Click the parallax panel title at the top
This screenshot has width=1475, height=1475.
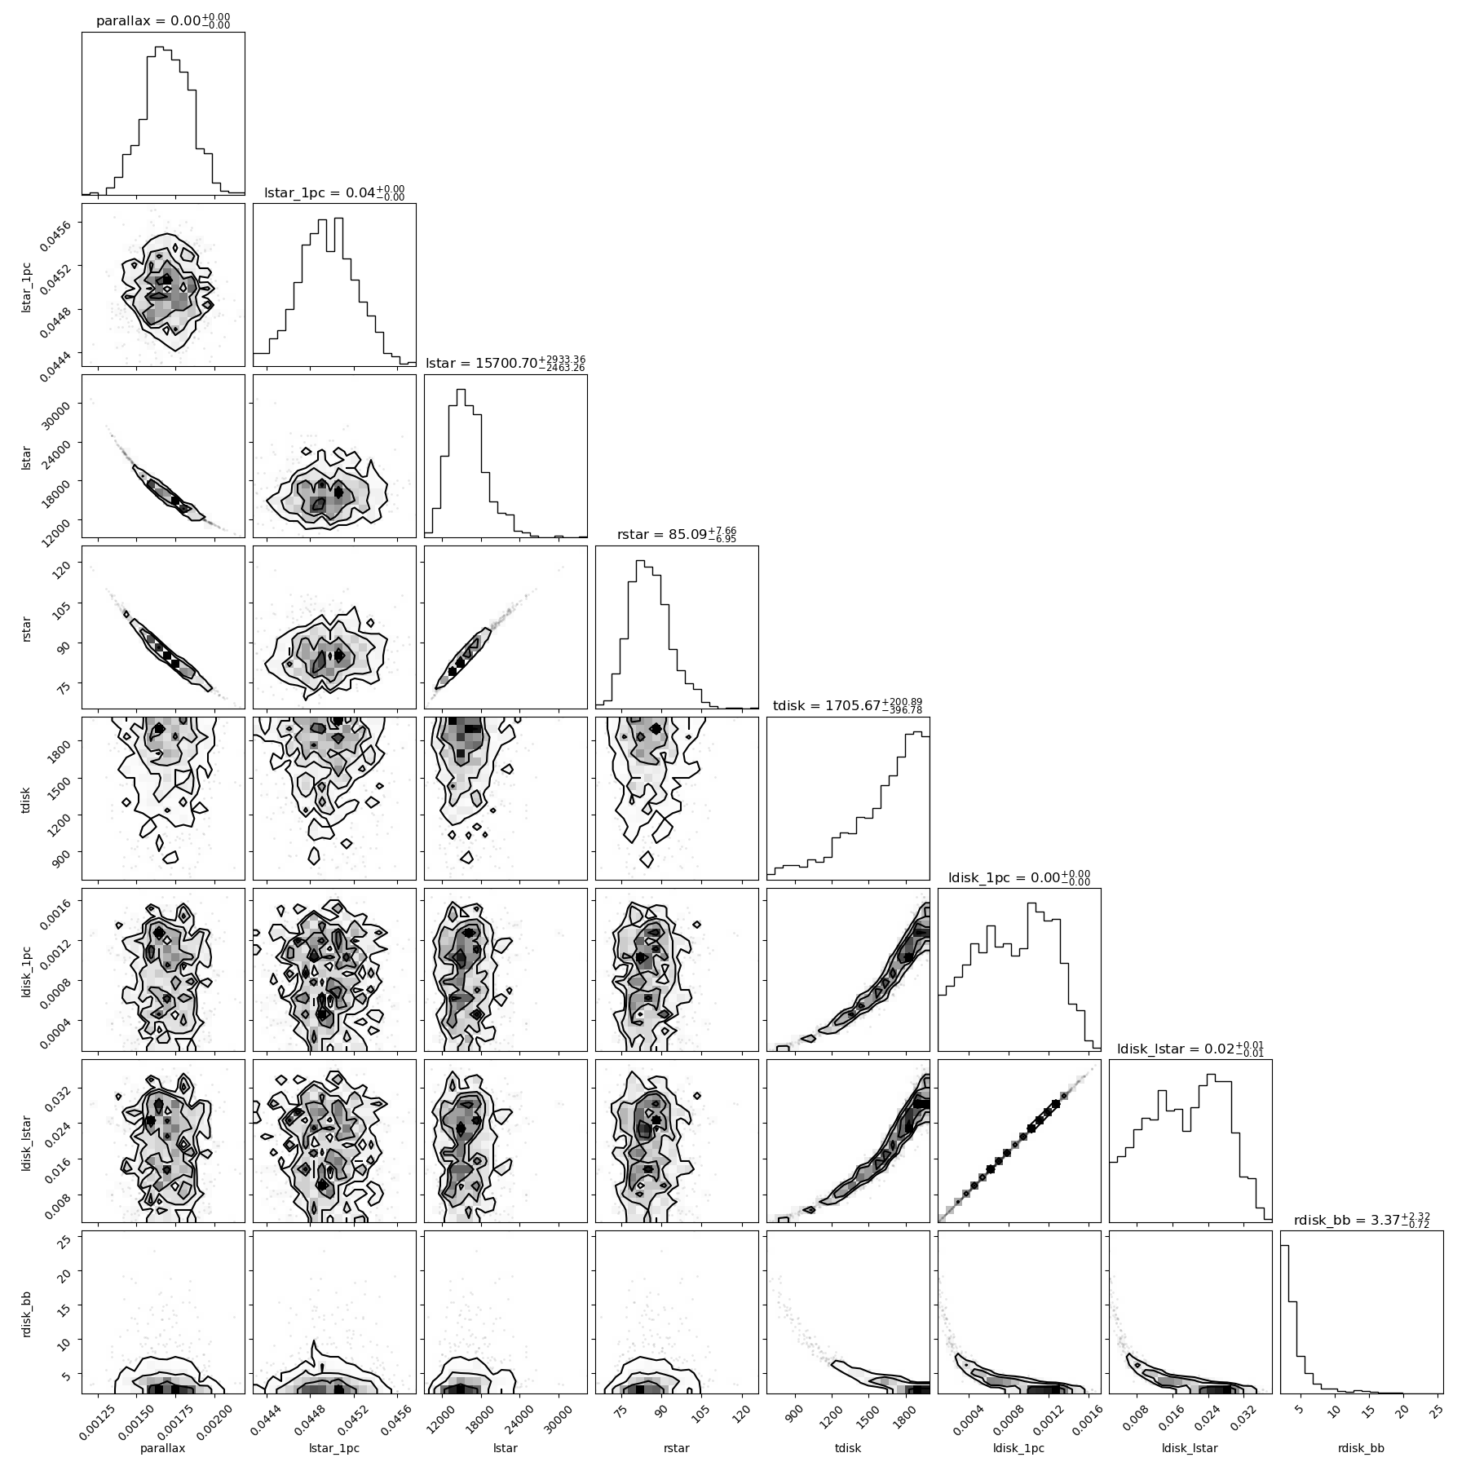(x=163, y=20)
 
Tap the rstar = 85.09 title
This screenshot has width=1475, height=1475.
(x=677, y=534)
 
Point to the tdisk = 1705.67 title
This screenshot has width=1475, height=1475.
(x=848, y=705)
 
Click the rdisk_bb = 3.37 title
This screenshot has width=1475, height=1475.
(x=1362, y=1219)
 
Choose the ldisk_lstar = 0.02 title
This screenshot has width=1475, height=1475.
(x=1190, y=1048)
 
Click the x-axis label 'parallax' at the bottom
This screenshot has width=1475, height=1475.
(x=163, y=1448)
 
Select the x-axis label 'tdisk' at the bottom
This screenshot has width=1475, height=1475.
(x=848, y=1448)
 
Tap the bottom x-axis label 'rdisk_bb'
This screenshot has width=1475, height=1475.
(x=1362, y=1448)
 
